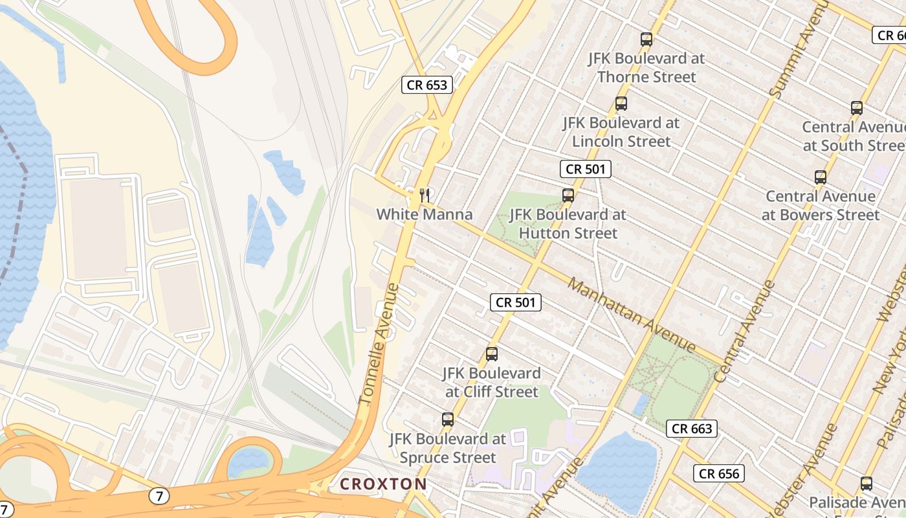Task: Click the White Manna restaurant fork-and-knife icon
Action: (425, 194)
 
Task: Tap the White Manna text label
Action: (425, 214)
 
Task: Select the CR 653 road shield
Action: (426, 85)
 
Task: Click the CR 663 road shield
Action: (692, 428)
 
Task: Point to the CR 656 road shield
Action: (719, 473)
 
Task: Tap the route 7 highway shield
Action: (159, 497)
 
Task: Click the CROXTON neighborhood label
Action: (383, 484)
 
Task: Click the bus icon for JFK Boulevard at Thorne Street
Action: (646, 39)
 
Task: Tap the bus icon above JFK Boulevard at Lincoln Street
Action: (621, 104)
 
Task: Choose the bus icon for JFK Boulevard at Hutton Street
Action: (568, 195)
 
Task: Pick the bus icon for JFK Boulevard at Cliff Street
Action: (492, 354)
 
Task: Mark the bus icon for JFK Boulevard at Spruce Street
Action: (447, 420)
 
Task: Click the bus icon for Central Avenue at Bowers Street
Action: (821, 177)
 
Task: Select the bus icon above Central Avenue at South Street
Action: (857, 108)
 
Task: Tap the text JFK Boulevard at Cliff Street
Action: (492, 383)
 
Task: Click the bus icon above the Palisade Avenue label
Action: (867, 484)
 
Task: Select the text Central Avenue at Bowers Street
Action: (821, 205)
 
